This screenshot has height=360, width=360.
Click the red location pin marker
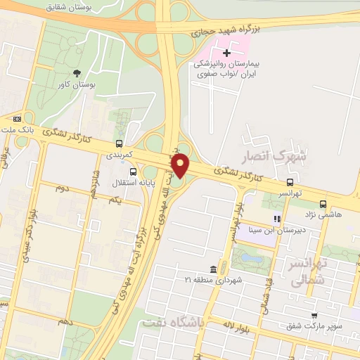(181, 166)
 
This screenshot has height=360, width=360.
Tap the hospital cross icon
(226, 52)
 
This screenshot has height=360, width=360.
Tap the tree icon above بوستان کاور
(77, 72)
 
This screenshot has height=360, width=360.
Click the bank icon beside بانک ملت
(28, 120)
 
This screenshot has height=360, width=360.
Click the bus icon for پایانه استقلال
(133, 171)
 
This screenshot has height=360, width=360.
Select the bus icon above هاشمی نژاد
(323, 204)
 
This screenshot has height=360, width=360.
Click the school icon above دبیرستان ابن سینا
(277, 219)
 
